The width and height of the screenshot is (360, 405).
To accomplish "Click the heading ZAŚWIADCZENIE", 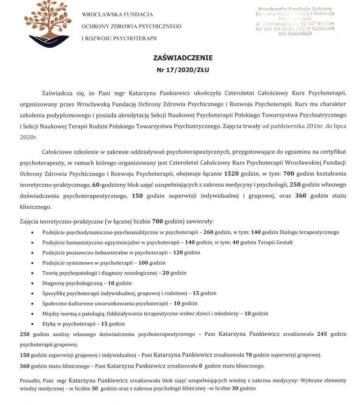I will tap(183, 58).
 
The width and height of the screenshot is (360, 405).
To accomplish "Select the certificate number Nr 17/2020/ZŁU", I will tap(182, 70).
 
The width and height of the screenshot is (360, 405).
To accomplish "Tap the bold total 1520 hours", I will tap(232, 174).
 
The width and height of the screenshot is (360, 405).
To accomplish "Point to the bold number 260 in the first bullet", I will tap(209, 232).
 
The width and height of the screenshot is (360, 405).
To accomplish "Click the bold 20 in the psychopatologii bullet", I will tap(166, 273).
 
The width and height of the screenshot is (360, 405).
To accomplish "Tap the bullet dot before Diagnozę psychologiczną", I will tap(31, 283).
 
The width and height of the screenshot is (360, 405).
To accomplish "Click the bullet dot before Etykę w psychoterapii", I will tap(31, 324).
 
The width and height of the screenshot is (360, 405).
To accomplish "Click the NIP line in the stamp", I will tap(298, 28).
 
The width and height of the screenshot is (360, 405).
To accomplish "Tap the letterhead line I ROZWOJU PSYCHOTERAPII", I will tap(119, 38).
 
